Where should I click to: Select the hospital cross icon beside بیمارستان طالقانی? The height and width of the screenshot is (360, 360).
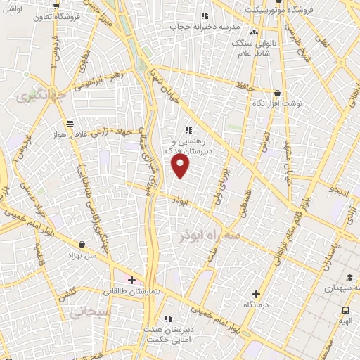(x=131, y=280)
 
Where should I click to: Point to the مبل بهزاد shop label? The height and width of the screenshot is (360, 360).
(x=83, y=255)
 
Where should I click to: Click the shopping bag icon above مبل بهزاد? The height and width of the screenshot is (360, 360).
(x=83, y=245)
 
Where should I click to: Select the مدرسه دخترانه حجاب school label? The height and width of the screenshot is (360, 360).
(x=205, y=26)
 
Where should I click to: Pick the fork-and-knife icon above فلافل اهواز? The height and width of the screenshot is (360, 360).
(x=69, y=125)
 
